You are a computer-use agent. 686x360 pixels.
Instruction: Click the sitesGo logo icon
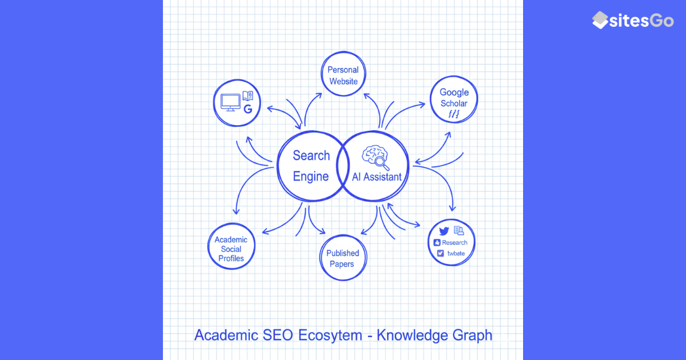(600, 20)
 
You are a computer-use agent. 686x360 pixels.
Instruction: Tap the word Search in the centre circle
(312, 155)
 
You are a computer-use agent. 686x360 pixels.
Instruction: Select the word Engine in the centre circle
(311, 177)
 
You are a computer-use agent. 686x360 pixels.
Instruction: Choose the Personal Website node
(343, 75)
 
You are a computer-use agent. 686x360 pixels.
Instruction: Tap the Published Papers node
(342, 258)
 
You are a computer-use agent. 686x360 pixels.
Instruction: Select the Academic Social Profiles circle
(231, 249)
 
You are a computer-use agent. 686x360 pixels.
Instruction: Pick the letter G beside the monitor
(248, 108)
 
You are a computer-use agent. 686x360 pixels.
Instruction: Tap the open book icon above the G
(248, 95)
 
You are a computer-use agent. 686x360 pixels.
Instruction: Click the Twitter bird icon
(444, 231)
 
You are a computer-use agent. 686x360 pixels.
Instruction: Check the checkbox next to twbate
(440, 253)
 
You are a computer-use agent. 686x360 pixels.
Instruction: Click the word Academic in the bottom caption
(226, 335)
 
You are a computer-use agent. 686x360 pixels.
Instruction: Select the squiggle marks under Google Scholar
(454, 115)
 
